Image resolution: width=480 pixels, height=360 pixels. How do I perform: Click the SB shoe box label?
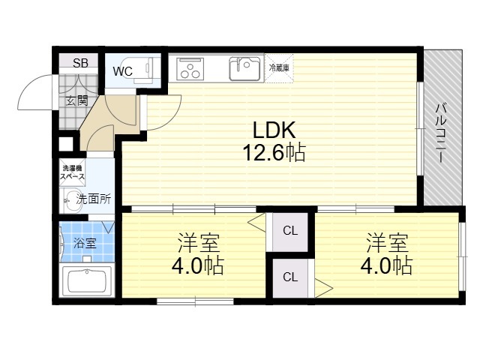coord(80,63)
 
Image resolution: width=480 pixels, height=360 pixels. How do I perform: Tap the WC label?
coord(123,71)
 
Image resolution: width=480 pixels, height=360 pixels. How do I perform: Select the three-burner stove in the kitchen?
coord(190,68)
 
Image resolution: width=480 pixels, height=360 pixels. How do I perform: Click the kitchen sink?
coord(244,69)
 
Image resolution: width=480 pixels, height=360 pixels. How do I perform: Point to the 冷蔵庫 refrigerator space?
coord(279,68)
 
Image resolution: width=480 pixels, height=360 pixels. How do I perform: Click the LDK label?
coord(274,130)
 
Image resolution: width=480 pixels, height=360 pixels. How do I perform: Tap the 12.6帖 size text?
coord(274,152)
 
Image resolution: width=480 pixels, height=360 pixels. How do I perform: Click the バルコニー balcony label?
coord(441,133)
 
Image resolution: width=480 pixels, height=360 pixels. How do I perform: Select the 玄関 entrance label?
coord(77,100)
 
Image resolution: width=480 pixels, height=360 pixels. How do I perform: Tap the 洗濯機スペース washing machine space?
coord(72,172)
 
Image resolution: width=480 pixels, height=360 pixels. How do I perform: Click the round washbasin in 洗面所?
coord(73,201)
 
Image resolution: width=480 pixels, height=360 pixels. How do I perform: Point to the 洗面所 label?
coord(93,199)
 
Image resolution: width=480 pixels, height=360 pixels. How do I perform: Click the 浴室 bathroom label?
coord(85,244)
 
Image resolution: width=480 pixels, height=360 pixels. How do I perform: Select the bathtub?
coord(87,281)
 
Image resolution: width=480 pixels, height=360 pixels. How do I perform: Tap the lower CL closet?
coord(290,278)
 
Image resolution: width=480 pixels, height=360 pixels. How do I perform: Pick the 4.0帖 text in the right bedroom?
coord(386,265)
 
